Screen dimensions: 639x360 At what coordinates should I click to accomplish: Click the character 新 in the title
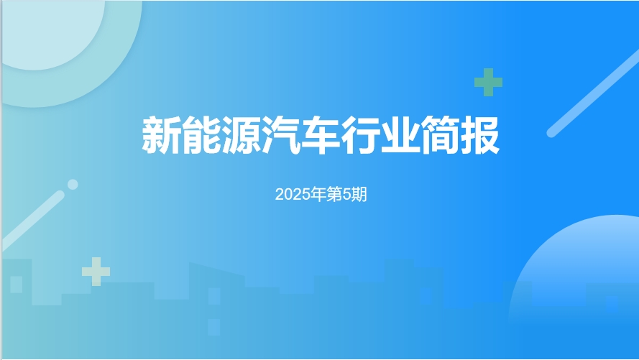point(162,135)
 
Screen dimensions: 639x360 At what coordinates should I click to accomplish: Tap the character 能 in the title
point(201,135)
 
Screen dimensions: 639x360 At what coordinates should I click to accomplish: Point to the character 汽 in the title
point(281,135)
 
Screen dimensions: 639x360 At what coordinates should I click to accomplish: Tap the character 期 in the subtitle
point(359,194)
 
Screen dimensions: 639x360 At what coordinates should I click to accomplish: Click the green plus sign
point(488,82)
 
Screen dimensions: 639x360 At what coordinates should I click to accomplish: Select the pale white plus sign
point(96,271)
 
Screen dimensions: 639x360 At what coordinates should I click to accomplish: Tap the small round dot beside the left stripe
point(73,185)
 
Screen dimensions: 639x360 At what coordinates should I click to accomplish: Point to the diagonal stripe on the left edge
point(32,221)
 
